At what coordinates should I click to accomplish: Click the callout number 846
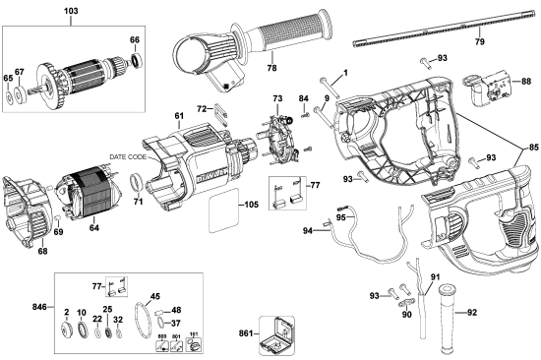click(x=36, y=308)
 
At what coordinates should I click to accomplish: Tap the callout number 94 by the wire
click(x=308, y=231)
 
